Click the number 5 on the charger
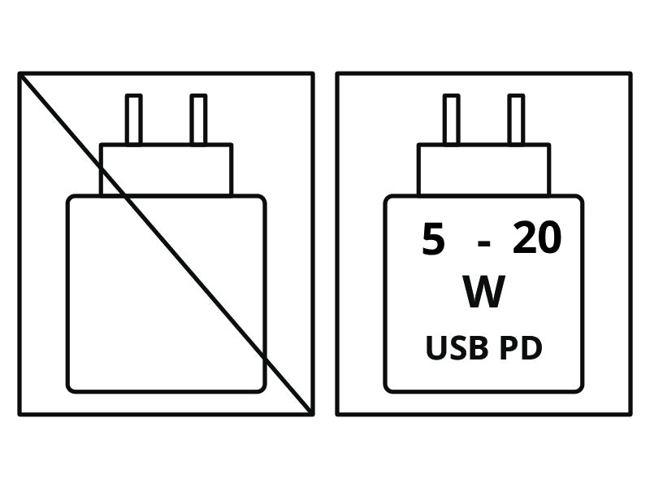pos(433,238)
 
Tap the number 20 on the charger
pos(537,237)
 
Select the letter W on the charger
pos(483,291)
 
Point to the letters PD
pos(521,348)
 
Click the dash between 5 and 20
pos(483,243)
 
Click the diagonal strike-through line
pos(166,243)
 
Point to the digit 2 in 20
pos(523,237)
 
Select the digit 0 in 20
pos(550,237)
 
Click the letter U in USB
pos(435,348)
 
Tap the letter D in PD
pos(532,348)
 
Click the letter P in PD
pos(509,348)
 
